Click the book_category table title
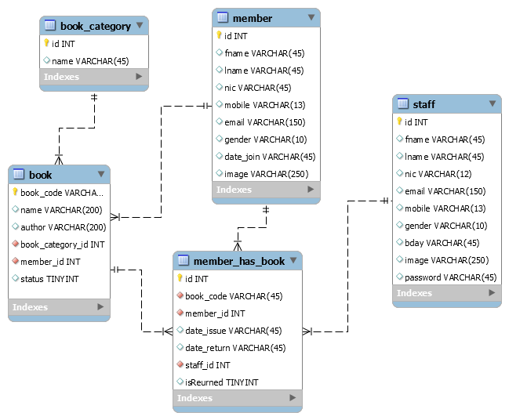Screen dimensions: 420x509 coord(95,26)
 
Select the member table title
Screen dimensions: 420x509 coord(253,18)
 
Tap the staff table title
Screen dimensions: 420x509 coord(424,104)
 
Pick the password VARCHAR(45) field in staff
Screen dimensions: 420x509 coord(450,277)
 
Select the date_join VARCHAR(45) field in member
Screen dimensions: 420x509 coord(270,157)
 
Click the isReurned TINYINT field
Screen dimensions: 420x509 coord(221,382)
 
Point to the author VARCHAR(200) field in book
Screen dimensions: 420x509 coord(63,227)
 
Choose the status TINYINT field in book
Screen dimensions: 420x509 coord(49,279)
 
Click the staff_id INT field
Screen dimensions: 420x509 coord(207,365)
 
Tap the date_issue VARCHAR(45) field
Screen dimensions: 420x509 coord(233,331)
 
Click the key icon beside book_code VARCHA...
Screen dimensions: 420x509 coord(15,192)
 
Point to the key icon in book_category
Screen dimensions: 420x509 coord(46,44)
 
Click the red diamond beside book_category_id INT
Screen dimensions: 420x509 coord(15,244)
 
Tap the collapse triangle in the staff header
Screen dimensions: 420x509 coord(492,103)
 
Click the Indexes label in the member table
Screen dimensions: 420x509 coord(234,190)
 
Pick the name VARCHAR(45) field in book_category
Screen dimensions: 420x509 coord(90,61)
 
